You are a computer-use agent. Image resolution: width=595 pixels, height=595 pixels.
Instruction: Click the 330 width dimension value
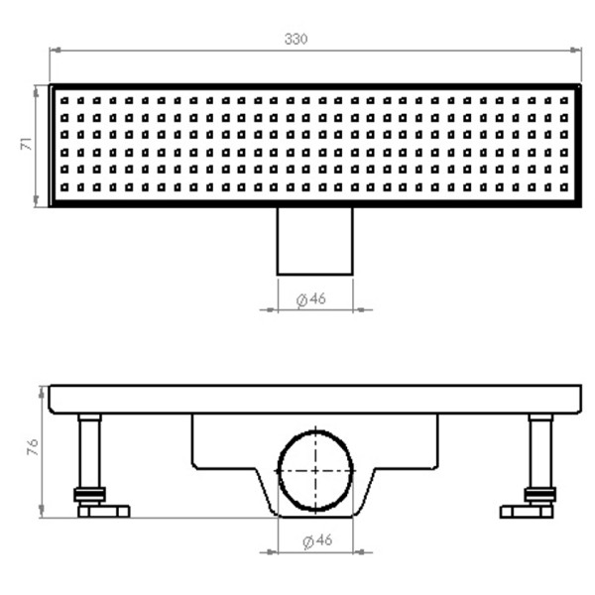tap(296, 39)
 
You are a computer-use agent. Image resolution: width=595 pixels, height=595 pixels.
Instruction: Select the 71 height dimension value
tap(27, 145)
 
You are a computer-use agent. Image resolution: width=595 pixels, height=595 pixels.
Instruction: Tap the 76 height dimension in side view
tap(31, 448)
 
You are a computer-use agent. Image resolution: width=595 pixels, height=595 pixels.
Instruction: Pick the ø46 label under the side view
tap(314, 541)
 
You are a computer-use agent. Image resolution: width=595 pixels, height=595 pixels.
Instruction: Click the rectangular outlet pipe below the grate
tap(314, 240)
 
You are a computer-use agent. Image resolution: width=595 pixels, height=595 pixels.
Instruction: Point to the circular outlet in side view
tap(315, 471)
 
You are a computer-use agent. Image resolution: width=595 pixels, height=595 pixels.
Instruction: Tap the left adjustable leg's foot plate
tap(104, 512)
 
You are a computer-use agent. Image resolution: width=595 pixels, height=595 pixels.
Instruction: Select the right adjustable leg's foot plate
tap(526, 512)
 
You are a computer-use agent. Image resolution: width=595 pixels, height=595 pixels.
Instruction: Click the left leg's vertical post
tap(90, 451)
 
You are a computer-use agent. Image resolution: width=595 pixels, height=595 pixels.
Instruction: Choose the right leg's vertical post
tap(540, 451)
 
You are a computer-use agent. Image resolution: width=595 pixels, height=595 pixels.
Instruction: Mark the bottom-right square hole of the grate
tap(564, 186)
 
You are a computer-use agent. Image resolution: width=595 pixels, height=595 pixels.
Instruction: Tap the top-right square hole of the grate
tap(564, 100)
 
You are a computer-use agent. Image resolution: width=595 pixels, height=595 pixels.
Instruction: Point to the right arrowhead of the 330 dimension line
tap(575, 50)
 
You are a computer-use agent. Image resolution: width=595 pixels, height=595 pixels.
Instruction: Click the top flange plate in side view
tap(314, 400)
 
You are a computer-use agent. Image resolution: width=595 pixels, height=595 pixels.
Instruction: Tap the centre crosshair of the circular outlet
tap(315, 471)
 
